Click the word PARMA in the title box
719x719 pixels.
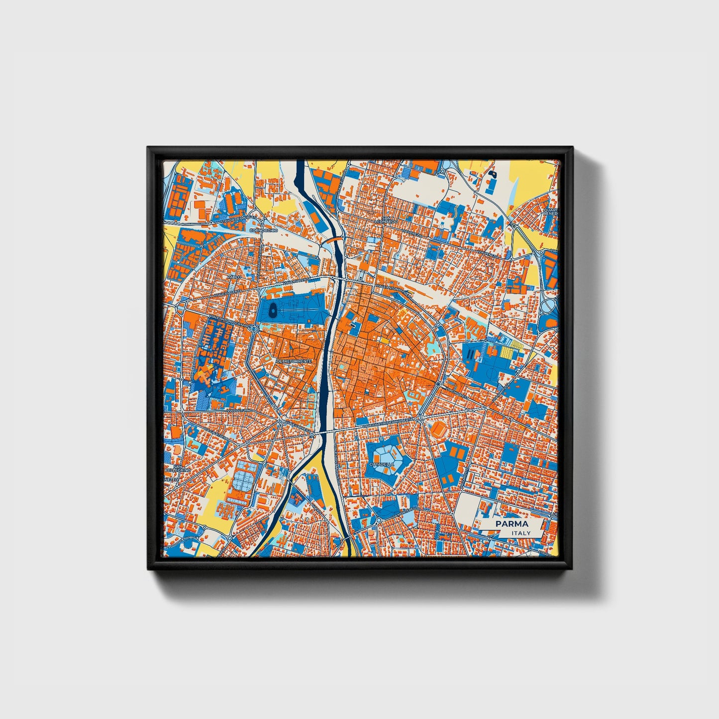click(x=512, y=524)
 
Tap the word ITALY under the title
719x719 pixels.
click(x=521, y=533)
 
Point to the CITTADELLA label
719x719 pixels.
click(x=381, y=464)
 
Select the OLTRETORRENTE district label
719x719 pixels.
click(x=294, y=360)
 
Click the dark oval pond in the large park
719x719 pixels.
click(x=272, y=312)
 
